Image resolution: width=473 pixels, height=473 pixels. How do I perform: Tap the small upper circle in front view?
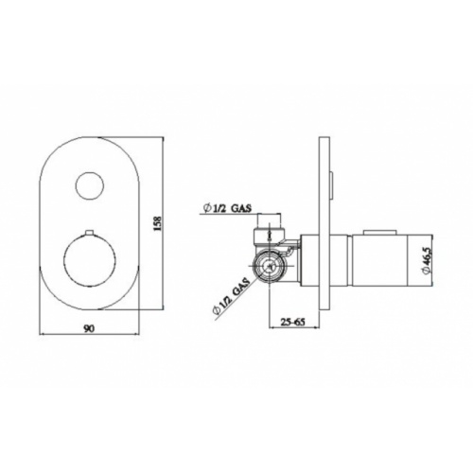92,186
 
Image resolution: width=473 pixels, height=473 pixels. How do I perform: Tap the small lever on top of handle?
379,230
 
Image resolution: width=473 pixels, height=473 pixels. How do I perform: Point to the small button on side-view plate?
333,180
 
